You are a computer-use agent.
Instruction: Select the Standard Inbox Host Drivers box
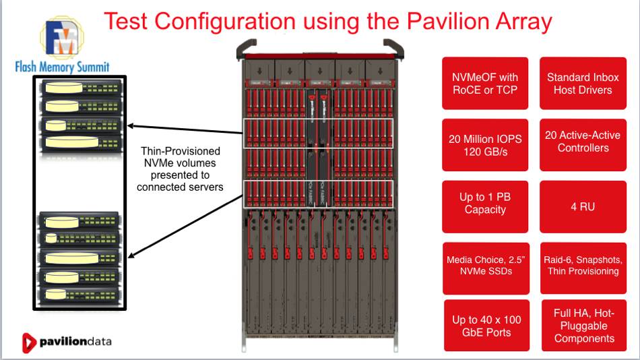pos(583,84)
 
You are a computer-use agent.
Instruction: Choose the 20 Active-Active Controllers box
pos(583,142)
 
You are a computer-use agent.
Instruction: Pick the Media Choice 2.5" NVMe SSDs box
pos(484,266)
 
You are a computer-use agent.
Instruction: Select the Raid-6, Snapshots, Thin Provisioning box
pos(583,266)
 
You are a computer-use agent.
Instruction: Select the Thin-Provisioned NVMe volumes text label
pos(180,169)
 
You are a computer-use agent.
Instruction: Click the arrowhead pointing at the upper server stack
pos(132,125)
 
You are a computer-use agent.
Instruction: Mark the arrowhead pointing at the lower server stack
pos(132,255)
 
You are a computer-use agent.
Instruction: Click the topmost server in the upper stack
pos(82,89)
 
